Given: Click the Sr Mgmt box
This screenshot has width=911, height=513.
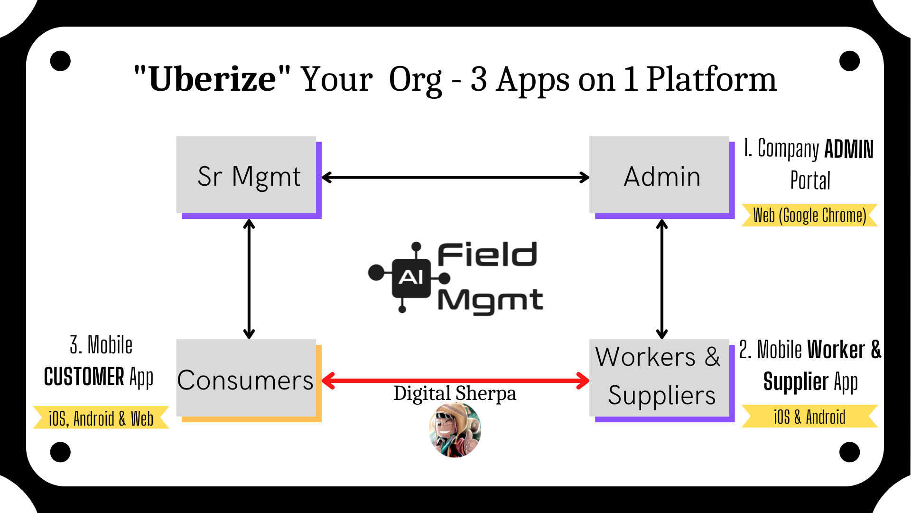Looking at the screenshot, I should click(x=247, y=176).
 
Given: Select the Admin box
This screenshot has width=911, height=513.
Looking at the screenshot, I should click(x=660, y=176).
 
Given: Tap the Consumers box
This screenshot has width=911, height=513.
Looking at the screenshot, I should click(x=246, y=379).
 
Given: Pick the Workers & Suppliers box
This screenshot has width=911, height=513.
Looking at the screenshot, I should click(x=660, y=378).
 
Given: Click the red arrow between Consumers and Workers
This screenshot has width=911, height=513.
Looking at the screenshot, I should click(x=455, y=380).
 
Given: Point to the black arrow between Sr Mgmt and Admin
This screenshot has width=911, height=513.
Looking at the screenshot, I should click(x=455, y=178).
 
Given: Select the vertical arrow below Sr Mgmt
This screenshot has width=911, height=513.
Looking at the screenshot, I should click(x=249, y=279).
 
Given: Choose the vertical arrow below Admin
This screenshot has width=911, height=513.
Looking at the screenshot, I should click(x=662, y=279).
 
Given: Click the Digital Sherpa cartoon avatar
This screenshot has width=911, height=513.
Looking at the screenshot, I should click(x=455, y=430).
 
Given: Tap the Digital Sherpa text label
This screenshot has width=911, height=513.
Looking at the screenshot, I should click(x=455, y=393).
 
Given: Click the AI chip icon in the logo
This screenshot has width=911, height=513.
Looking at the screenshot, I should click(x=411, y=277).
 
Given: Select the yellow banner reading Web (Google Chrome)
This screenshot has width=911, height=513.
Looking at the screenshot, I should click(x=809, y=215).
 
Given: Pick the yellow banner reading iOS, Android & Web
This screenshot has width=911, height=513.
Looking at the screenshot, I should click(x=101, y=418).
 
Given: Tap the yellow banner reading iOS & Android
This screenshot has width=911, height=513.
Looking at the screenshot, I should click(x=809, y=417).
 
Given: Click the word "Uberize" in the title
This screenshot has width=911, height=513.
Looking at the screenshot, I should click(x=212, y=79).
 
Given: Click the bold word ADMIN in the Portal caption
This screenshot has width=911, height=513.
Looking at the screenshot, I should click(x=849, y=149).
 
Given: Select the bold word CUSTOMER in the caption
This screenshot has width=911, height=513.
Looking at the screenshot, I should click(x=84, y=377).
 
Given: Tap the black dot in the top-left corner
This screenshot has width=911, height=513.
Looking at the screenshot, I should click(x=60, y=61).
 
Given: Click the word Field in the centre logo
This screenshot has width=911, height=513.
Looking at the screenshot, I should click(x=487, y=255).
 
